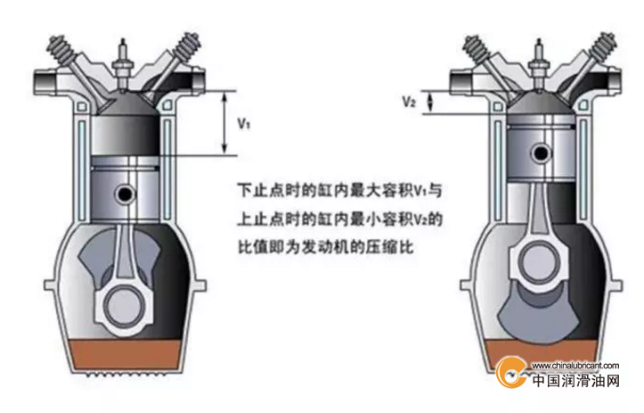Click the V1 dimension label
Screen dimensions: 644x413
click(244, 123)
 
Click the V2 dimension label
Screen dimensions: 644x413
click(409, 101)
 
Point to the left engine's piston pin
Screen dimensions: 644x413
click(125, 194)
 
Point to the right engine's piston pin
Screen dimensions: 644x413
click(542, 153)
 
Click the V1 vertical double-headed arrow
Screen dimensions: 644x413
click(224, 122)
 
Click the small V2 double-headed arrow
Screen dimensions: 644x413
click(430, 102)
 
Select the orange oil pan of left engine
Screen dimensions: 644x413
click(126, 354)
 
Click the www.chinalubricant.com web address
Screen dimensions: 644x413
click(575, 366)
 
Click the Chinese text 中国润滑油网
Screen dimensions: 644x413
click(575, 381)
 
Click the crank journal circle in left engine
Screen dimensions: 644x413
click(125, 307)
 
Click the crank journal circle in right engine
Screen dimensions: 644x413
click(539, 262)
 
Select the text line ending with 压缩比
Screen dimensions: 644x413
click(326, 248)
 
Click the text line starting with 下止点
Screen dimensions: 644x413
click(339, 191)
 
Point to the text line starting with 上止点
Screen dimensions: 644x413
click(339, 219)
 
